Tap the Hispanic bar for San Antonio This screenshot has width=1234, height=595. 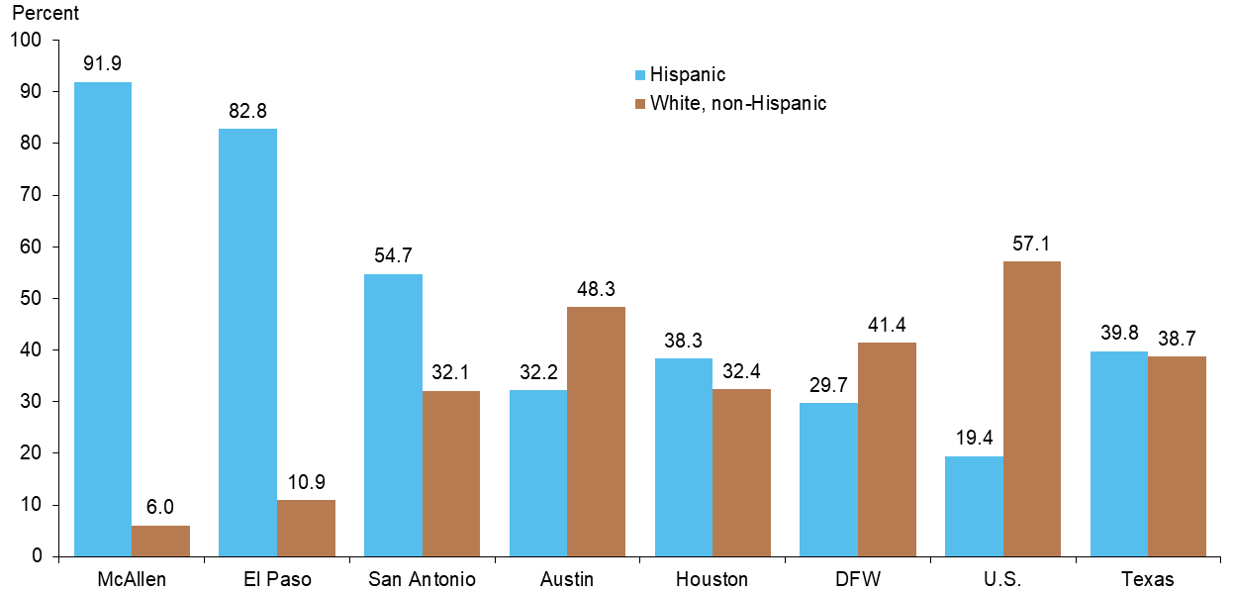pyautogui.click(x=393, y=415)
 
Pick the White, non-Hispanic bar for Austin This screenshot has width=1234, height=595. pyautogui.click(x=597, y=431)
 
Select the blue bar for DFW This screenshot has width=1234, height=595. pyautogui.click(x=829, y=479)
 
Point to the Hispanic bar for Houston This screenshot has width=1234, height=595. pyautogui.click(x=684, y=456)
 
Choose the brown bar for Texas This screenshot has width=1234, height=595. pyautogui.click(x=1178, y=455)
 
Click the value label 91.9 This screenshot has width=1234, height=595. pyautogui.click(x=103, y=64)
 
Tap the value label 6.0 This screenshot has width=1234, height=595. pyautogui.click(x=160, y=508)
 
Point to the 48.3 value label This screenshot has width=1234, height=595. pyautogui.click(x=597, y=289)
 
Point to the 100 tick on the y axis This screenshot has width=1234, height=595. pyautogui.click(x=26, y=41)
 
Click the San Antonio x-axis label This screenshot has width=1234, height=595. pyautogui.click(x=422, y=579)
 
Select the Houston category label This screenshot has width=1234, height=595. pyautogui.click(x=712, y=579)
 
